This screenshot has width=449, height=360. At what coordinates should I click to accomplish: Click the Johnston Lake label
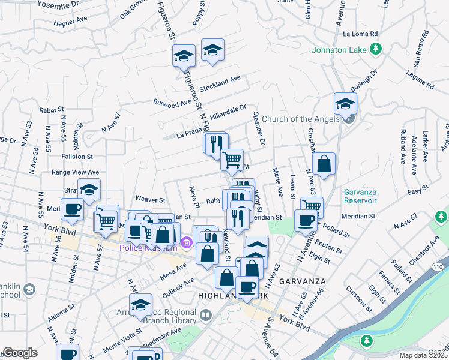[339, 49]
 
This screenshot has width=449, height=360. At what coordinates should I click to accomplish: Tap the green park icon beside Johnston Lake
[376, 49]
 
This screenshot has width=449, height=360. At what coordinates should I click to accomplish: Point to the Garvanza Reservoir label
[360, 196]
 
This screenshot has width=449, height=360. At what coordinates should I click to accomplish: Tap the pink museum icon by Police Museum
[186, 243]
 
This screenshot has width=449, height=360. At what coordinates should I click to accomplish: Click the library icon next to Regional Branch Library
[206, 314]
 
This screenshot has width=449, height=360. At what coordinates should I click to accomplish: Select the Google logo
[20, 353]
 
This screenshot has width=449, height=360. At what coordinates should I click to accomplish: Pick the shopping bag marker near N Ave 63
[324, 164]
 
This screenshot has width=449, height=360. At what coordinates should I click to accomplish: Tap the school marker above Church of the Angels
[345, 104]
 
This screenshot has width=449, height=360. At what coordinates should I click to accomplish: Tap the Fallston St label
[76, 156]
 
